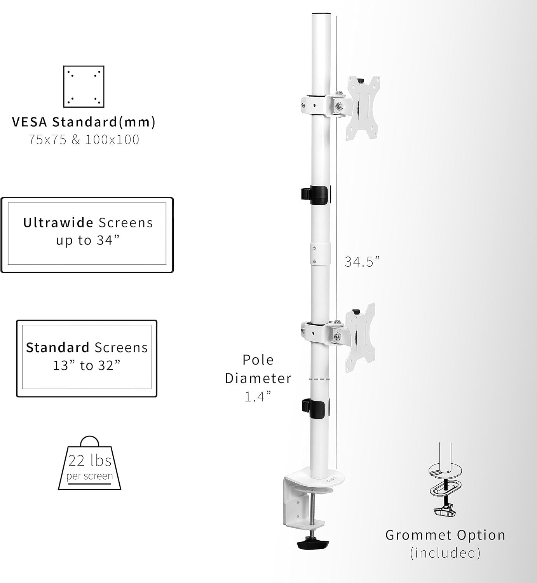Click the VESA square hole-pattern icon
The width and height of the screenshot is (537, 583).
click(84, 86)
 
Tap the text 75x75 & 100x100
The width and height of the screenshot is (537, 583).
click(84, 140)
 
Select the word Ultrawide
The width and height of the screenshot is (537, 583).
click(58, 223)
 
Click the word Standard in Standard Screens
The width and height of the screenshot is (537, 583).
click(58, 347)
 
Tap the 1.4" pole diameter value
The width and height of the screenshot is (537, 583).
click(258, 396)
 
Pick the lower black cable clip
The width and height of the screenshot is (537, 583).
click(315, 408)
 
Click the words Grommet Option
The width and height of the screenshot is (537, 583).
click(445, 535)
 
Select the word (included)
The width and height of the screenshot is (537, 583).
click(445, 552)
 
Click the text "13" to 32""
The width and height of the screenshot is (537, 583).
click(87, 365)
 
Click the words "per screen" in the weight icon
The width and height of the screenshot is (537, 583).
click(89, 476)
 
